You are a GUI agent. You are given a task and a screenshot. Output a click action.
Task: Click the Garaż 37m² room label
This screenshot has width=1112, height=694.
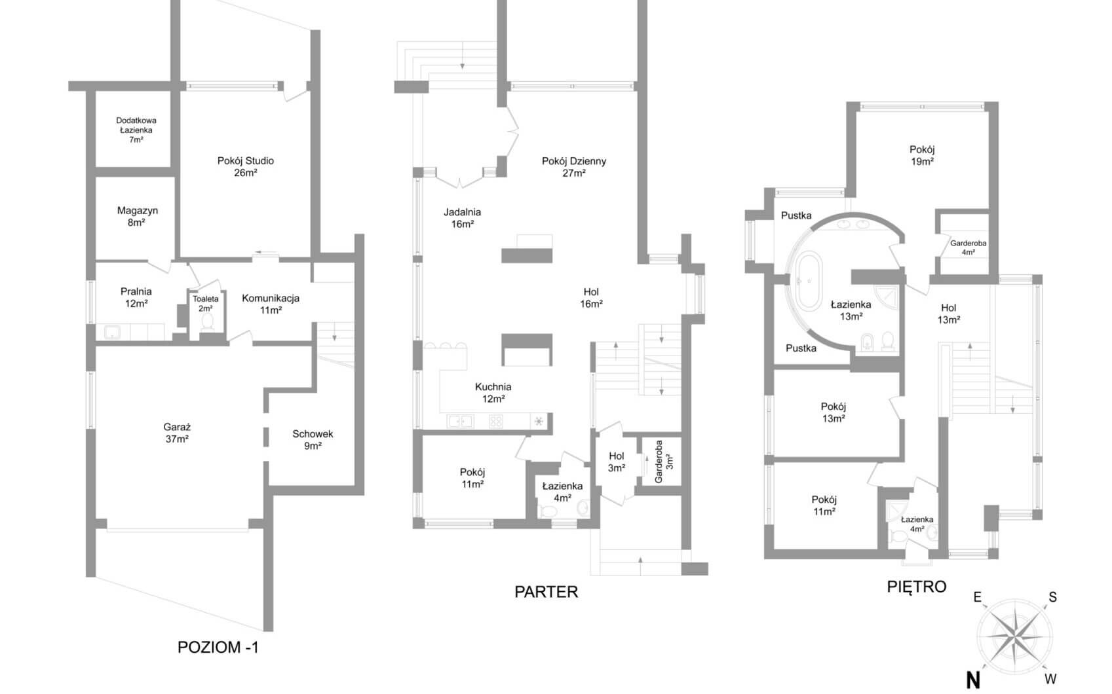point(177,433)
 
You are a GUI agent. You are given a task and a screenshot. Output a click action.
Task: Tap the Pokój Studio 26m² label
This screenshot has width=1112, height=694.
point(246,167)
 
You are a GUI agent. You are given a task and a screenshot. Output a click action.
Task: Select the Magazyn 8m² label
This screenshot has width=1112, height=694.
point(137,217)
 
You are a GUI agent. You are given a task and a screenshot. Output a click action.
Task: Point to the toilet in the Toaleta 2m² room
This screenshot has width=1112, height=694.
point(208,321)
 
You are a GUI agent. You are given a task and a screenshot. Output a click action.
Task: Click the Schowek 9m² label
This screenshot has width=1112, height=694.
point(313,440)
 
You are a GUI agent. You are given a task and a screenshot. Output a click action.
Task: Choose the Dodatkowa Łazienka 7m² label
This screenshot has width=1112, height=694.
point(136,130)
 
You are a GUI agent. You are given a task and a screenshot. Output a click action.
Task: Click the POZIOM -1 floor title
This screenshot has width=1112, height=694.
point(218,648)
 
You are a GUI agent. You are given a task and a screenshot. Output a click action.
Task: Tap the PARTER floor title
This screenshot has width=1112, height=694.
point(546,592)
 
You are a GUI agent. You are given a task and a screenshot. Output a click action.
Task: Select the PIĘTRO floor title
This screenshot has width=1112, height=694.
point(916,587)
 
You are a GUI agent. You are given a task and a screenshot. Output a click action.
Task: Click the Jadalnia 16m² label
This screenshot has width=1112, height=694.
point(462,218)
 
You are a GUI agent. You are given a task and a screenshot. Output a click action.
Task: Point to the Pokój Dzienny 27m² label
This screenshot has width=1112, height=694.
point(574,167)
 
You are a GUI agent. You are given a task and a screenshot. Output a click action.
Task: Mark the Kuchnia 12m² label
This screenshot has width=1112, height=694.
point(493,393)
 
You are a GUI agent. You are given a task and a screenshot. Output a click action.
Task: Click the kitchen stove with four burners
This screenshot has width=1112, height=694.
point(496,422)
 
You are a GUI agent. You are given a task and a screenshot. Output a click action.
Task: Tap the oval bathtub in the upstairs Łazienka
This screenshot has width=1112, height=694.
point(807,282)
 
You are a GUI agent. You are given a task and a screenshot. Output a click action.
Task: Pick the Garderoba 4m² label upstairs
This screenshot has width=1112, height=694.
point(968,247)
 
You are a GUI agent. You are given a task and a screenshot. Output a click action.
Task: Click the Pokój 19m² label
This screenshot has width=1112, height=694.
point(922,155)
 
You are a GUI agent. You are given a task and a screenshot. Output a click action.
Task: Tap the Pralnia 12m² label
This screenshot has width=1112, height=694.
point(136,297)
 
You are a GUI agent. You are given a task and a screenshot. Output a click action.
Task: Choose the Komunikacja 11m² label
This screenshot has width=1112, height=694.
point(271,304)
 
